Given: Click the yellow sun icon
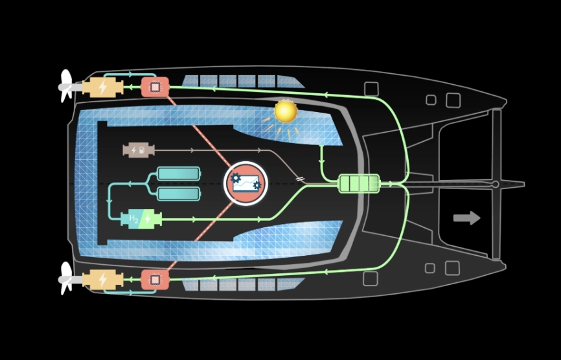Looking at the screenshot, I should [x=286, y=111].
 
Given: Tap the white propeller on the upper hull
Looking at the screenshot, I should [x=66, y=86].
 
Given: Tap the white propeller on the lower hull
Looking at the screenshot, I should [x=66, y=278].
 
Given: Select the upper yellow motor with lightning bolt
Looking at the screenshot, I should [x=102, y=87].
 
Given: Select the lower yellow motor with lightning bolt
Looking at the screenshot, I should [x=102, y=280].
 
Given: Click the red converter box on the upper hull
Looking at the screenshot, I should [x=155, y=87].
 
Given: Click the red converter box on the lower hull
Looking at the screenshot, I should [x=155, y=280].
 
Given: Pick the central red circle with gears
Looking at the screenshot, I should [x=246, y=183].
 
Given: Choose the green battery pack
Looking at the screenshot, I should [x=359, y=184].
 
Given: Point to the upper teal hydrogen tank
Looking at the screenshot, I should [x=179, y=174].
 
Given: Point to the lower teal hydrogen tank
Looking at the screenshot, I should [x=179, y=194].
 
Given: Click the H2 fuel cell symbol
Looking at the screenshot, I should [x=141, y=219].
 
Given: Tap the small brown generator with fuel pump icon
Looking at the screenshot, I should [x=138, y=150].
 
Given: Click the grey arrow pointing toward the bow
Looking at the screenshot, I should [x=466, y=218].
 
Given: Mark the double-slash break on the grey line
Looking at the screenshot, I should [x=300, y=179].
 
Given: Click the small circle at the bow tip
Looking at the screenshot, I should [x=496, y=185].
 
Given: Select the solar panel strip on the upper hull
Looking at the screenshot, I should [x=240, y=82].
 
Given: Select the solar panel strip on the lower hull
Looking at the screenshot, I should [x=240, y=284].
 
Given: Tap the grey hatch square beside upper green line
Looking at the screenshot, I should [x=371, y=89].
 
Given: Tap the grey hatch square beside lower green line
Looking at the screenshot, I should [x=371, y=278].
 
